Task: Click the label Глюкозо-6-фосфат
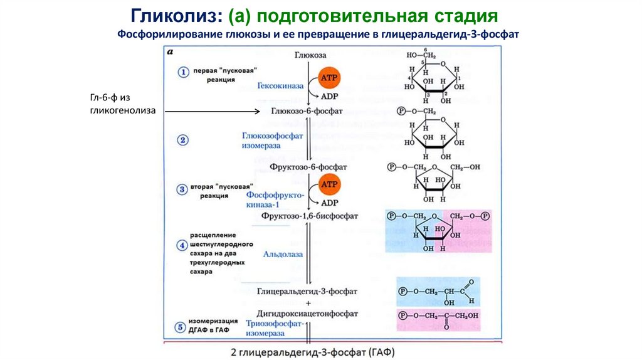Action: [x=307, y=111]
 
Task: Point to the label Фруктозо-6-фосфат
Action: [x=307, y=167]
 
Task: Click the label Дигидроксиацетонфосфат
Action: [x=307, y=313]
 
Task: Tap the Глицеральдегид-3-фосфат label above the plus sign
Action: [x=307, y=292]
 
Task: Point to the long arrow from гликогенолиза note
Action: [x=207, y=112]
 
